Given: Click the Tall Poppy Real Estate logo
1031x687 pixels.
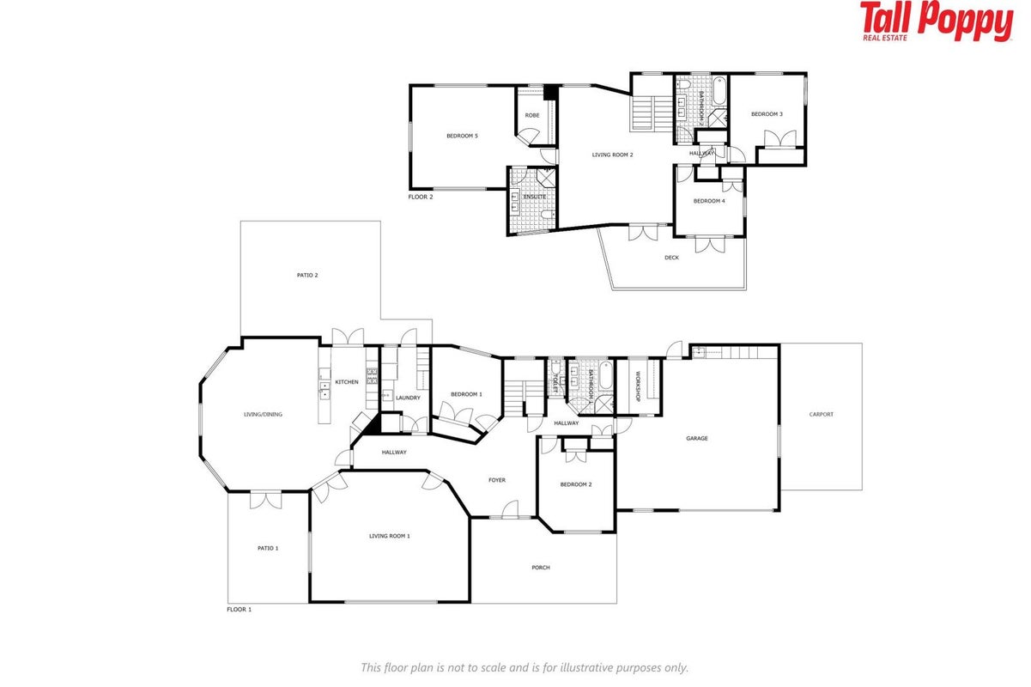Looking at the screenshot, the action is [937, 21].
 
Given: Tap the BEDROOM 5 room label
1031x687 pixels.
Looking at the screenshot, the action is [462, 136].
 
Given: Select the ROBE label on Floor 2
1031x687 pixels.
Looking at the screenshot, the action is [532, 115].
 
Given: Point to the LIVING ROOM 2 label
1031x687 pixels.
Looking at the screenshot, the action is [612, 155].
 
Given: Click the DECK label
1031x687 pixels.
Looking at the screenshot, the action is [671, 258].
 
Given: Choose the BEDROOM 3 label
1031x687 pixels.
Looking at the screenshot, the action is [767, 113].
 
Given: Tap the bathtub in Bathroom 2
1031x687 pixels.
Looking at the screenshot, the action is [719, 91].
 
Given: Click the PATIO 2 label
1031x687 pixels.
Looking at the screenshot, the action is [307, 275].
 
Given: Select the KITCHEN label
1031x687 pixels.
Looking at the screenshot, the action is [347, 382].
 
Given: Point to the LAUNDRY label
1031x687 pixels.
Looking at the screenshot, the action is [408, 398].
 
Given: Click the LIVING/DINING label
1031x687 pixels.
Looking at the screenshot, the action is [263, 414].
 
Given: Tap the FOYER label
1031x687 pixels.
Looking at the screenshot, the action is [497, 480].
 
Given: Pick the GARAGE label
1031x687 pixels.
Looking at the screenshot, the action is [697, 438].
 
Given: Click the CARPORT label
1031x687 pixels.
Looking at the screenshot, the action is [822, 414].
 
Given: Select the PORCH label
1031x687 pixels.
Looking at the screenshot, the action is [541, 568].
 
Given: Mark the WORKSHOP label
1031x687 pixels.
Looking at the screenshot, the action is [638, 386].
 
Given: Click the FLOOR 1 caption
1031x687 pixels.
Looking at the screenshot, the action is [240, 609].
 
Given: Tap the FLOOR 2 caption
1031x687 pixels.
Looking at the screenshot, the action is [421, 197].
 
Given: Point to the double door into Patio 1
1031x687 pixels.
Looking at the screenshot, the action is [265, 500].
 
